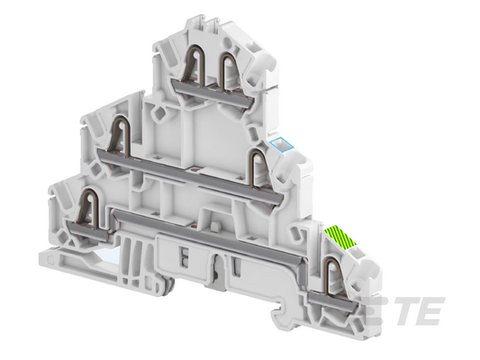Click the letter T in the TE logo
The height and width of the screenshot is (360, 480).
click(403, 311)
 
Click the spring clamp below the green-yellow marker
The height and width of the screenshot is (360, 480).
click(332, 277)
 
